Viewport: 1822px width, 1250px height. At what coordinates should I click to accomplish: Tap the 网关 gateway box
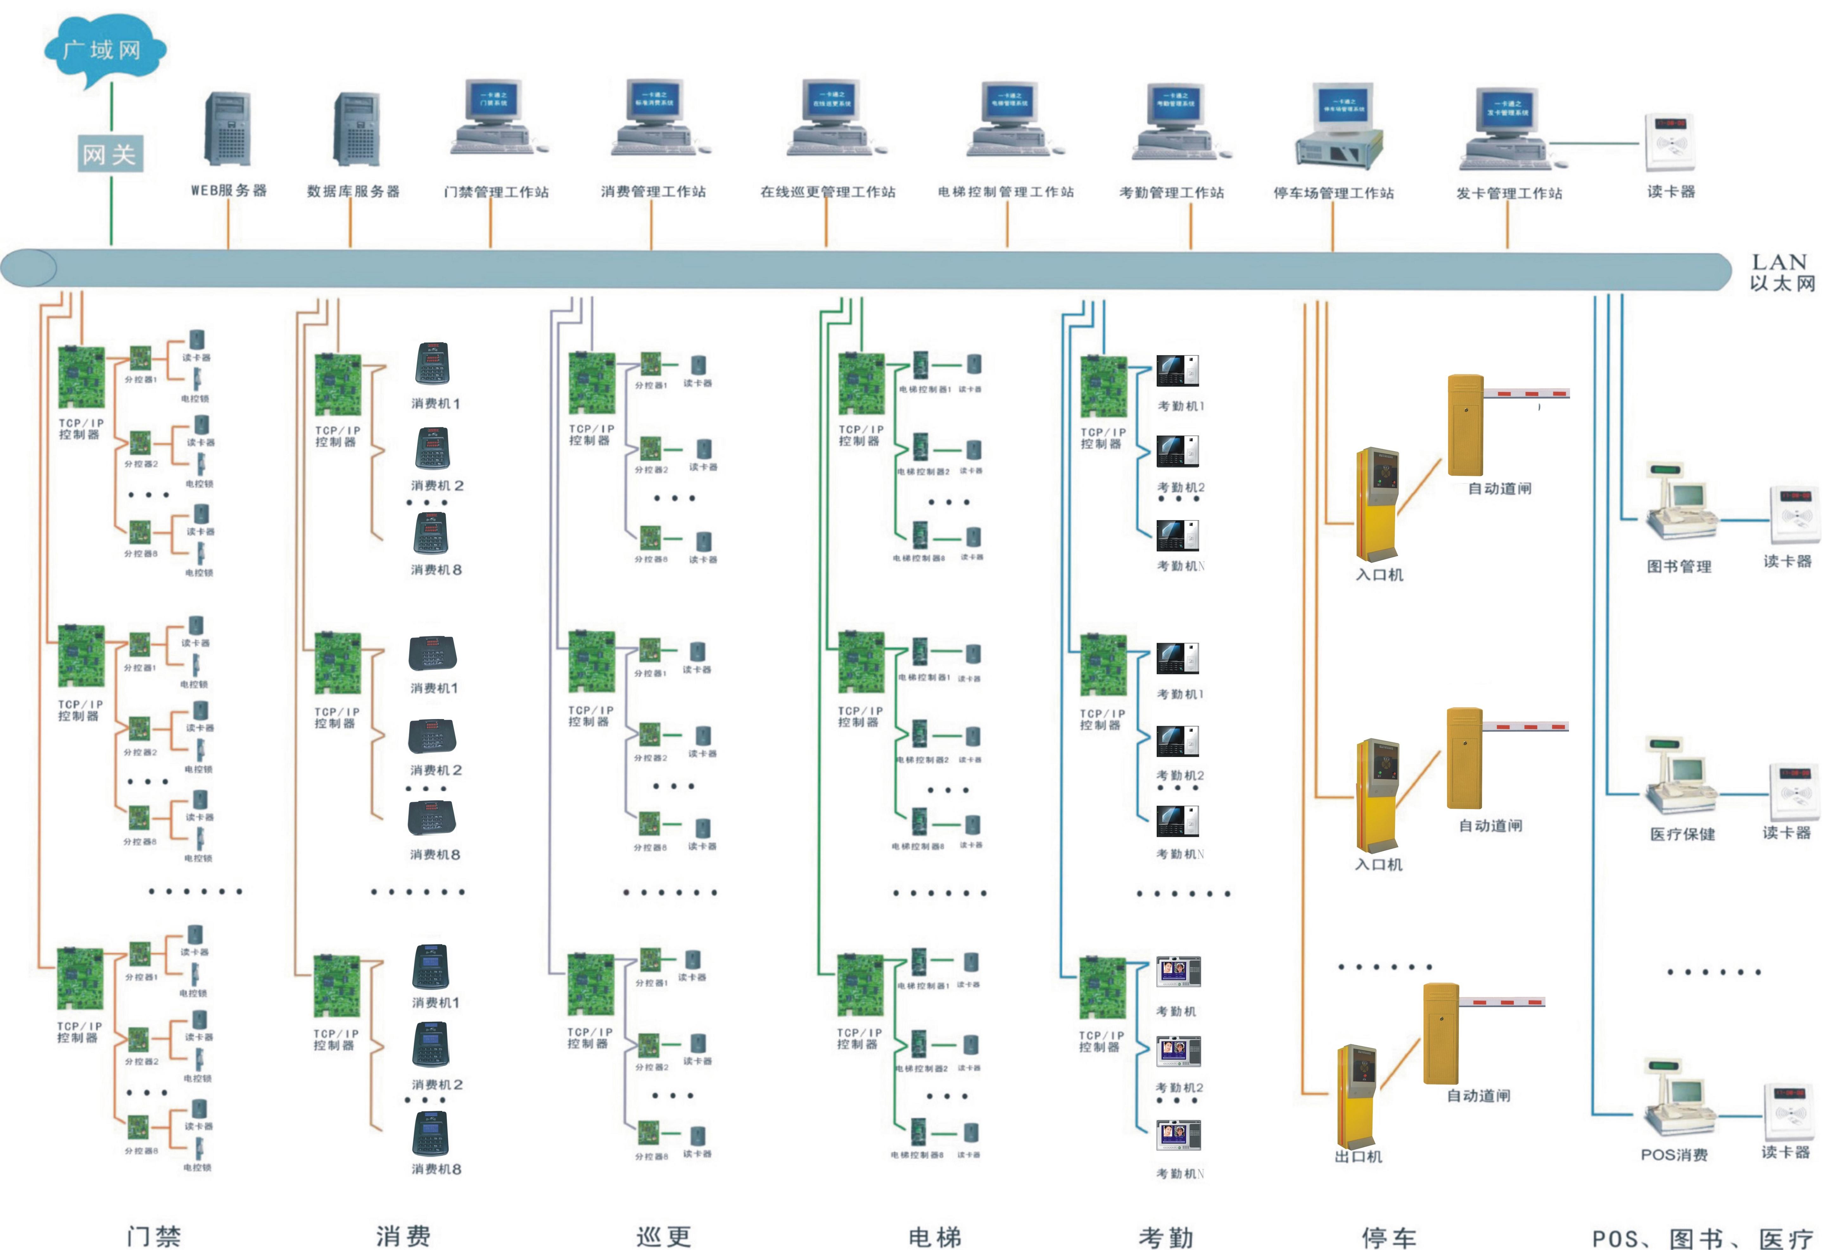tap(110, 154)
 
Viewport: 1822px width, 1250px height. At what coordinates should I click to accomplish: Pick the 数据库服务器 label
tap(353, 191)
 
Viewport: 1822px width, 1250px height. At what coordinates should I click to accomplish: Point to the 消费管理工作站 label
tap(653, 191)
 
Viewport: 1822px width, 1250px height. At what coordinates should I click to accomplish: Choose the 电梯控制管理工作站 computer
tap(1010, 118)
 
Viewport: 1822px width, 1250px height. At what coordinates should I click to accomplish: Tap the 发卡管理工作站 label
tap(1509, 193)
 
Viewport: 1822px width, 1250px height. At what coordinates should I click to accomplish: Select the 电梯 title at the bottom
tap(935, 1237)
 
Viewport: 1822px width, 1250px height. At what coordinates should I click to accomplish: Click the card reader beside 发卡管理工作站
tap(1670, 143)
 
